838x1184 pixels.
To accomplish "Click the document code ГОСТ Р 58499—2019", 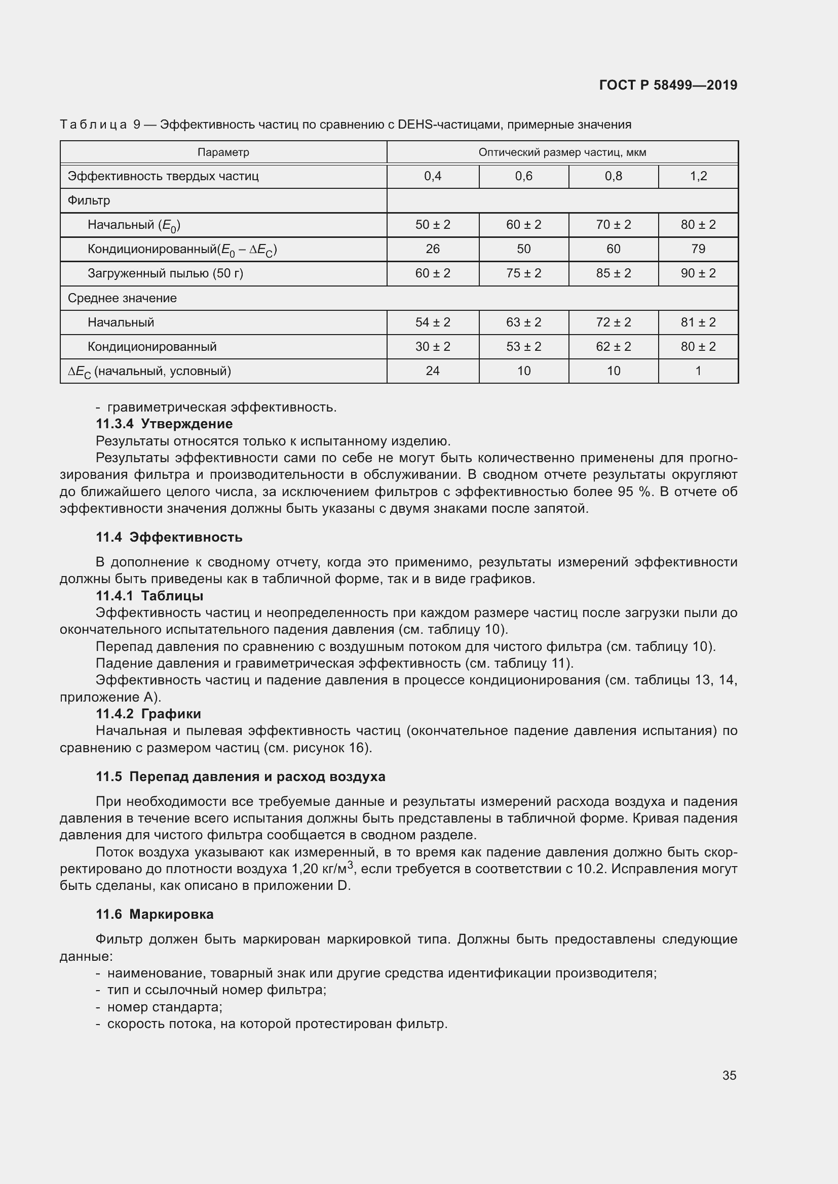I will [x=668, y=85].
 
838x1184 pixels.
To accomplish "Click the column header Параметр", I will [x=223, y=153].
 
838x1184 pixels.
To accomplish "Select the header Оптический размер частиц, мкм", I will [x=562, y=153].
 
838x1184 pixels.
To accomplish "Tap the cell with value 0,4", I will [x=432, y=176].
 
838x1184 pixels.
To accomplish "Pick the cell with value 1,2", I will [x=698, y=176].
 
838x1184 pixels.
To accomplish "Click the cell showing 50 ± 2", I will [x=432, y=225].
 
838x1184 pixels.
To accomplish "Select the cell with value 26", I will [x=432, y=249].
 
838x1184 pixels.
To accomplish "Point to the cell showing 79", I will [x=698, y=249].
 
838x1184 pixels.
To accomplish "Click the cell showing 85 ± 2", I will [x=613, y=273].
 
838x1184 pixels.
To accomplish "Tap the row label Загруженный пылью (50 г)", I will [x=165, y=273].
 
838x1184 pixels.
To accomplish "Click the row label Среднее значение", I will [x=122, y=298].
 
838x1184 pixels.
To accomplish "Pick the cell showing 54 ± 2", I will [x=432, y=322].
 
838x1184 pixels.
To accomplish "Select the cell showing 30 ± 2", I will [x=432, y=347].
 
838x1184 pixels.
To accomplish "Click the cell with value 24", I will [x=432, y=371].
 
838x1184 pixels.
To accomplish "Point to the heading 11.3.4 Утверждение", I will [x=164, y=424].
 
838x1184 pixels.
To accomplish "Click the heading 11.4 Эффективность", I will [x=169, y=538].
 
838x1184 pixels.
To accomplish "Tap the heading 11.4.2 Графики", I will [x=148, y=714].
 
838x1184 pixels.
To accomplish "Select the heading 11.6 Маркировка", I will [x=155, y=914].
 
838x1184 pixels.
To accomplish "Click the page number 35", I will [x=729, y=1075].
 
